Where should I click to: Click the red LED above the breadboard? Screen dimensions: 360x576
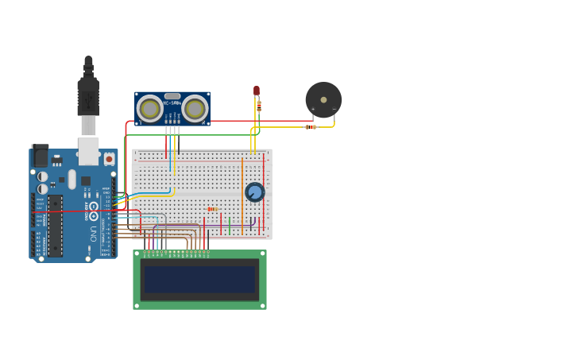pyautogui.click(x=257, y=91)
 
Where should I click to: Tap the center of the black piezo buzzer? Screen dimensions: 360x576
pyautogui.click(x=323, y=100)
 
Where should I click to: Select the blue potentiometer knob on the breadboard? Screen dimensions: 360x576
pyautogui.click(x=255, y=192)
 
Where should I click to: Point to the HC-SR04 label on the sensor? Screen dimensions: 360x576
pyautogui.click(x=172, y=103)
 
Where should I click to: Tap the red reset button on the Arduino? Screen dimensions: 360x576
pyautogui.click(x=109, y=159)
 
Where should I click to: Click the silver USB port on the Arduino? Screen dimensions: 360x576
pyautogui.click(x=88, y=150)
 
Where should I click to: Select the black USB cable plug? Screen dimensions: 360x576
pyautogui.click(x=88, y=95)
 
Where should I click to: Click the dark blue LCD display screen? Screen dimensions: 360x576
pyautogui.click(x=199, y=280)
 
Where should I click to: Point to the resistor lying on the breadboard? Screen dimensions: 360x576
pyautogui.click(x=212, y=209)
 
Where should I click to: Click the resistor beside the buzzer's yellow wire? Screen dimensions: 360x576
pyautogui.click(x=311, y=126)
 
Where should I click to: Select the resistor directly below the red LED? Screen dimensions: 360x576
pyautogui.click(x=259, y=106)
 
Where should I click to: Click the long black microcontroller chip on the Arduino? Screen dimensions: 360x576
pyautogui.click(x=55, y=226)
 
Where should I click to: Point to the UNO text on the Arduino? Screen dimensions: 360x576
pyautogui.click(x=93, y=234)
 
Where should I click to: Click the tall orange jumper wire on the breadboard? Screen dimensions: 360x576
pyautogui.click(x=242, y=191)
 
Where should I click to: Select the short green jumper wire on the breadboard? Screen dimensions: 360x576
pyautogui.click(x=230, y=226)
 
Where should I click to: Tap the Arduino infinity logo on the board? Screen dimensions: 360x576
pyautogui.click(x=94, y=211)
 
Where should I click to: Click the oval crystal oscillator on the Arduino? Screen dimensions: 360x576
pyautogui.click(x=72, y=179)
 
